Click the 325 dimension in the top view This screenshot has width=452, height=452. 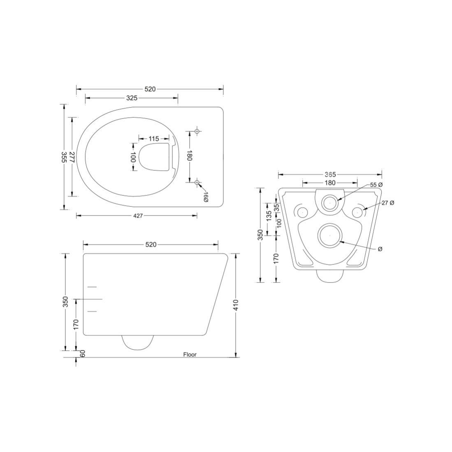click(x=132, y=98)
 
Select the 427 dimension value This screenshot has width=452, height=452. click(x=139, y=216)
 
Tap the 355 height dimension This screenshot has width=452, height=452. click(x=64, y=157)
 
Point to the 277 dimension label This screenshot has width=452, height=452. click(x=72, y=157)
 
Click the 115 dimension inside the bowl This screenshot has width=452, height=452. click(x=154, y=139)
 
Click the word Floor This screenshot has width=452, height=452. click(x=190, y=355)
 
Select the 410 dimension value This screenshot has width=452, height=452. click(x=236, y=305)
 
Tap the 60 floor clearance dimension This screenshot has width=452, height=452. click(x=82, y=354)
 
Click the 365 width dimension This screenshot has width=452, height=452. click(x=330, y=174)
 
